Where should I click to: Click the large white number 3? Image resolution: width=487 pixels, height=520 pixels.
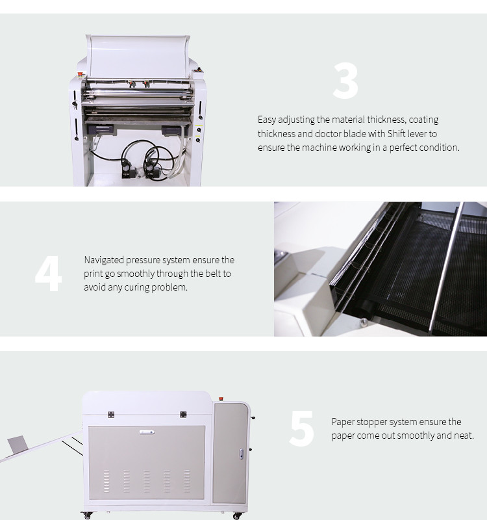[x=345, y=81]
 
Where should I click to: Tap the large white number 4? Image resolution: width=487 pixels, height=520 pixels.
[x=48, y=274]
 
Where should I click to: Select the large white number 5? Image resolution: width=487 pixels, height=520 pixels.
[x=301, y=428]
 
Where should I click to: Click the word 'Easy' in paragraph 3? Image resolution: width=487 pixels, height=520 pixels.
[x=267, y=120]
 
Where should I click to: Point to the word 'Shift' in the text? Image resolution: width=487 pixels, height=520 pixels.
[x=397, y=134]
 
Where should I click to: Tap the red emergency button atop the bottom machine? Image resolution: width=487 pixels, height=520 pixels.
[x=221, y=398]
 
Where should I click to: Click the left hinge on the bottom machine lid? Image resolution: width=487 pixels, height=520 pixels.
[x=111, y=415]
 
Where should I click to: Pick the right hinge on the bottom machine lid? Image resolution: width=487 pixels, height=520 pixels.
[x=183, y=414]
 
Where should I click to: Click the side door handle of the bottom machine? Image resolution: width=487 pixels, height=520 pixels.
[x=242, y=454]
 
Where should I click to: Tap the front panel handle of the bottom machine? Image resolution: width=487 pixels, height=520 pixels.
[x=147, y=432]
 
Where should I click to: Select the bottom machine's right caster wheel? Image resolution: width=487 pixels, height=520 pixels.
[x=237, y=515]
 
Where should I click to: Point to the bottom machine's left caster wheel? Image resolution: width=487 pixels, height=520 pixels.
[x=87, y=515]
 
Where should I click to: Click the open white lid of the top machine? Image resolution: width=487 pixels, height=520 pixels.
[x=138, y=57]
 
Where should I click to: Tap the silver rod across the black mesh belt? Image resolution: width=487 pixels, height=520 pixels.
[x=446, y=268]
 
